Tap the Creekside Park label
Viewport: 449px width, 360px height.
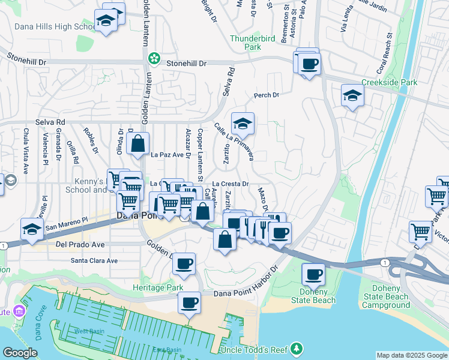tap(388, 82)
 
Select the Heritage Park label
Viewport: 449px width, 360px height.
tap(157, 288)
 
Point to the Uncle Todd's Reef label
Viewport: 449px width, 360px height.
tap(255, 350)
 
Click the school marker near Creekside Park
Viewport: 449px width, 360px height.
tap(352, 95)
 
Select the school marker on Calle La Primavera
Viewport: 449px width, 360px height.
tap(243, 124)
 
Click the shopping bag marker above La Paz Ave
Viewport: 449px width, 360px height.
tap(137, 144)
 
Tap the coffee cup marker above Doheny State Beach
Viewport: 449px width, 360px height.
tap(312, 274)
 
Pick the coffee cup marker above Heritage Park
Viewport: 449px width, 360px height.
tap(184, 263)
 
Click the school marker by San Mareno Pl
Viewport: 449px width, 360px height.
tap(32, 229)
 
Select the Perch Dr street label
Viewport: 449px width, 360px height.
tap(267, 95)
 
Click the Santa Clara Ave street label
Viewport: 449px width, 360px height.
tap(94, 261)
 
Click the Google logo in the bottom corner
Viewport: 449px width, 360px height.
tap(20, 353)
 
